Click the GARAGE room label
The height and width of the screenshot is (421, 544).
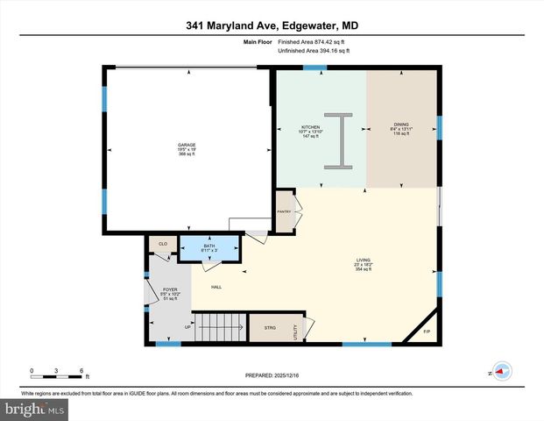point(187,145)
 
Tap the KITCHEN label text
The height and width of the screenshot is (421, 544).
point(312,127)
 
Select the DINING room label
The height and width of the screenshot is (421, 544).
point(401,125)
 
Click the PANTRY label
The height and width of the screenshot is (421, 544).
point(284,212)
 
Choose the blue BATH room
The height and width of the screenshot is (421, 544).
point(209,249)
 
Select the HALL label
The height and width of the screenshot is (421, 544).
point(215,287)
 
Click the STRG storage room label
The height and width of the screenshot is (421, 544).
point(270,328)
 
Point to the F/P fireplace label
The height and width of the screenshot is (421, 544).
point(427,332)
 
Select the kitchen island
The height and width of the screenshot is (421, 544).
point(337,139)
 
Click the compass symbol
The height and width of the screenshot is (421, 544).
point(501,371)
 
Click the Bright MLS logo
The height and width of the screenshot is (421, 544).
point(34,409)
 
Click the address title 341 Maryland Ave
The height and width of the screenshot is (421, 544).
point(272,26)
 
